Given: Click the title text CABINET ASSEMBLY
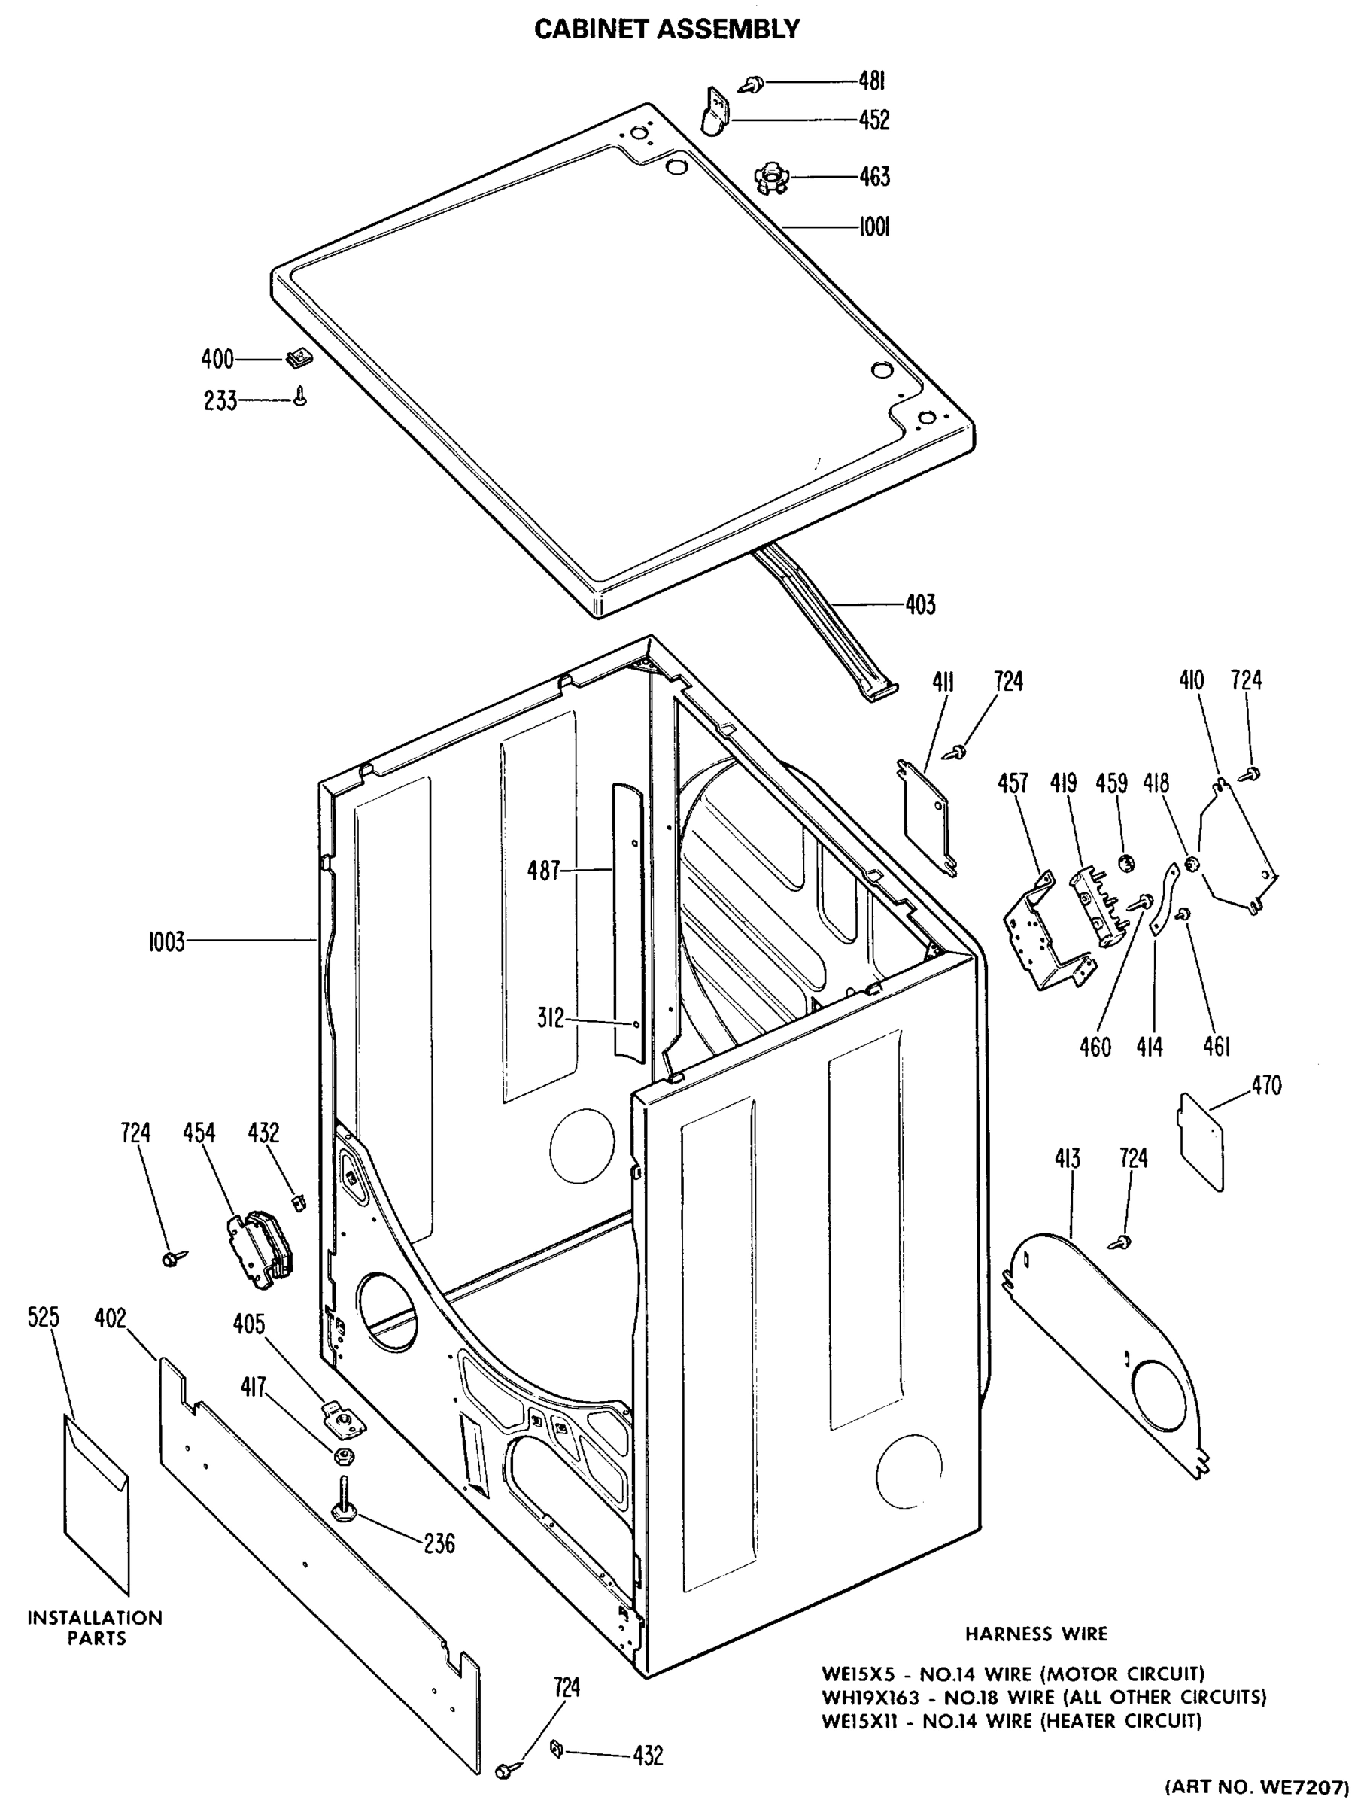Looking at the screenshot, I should pos(667,29).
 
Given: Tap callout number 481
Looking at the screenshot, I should pos(871,81).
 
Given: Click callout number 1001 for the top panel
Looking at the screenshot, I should pos(873,227).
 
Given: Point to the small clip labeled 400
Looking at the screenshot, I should pos(296,358).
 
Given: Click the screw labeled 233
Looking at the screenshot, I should pos(301,397).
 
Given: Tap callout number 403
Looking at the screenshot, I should pos(919,605).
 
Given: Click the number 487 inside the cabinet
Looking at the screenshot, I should pos(544,871).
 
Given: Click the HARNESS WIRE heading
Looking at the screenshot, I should pos(1036,1634).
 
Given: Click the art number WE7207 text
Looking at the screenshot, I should pos(1256,1787).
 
